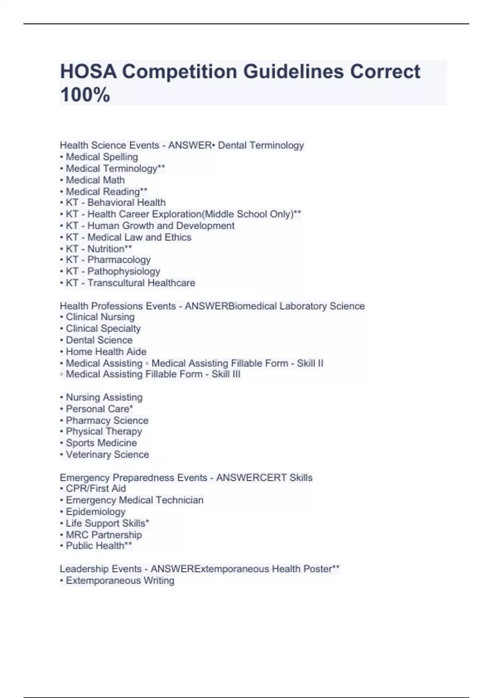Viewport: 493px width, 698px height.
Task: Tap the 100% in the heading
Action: click(x=85, y=95)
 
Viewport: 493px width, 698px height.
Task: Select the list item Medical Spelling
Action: click(x=101, y=157)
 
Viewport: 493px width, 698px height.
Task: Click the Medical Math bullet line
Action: click(x=95, y=180)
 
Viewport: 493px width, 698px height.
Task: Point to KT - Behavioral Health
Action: click(x=115, y=202)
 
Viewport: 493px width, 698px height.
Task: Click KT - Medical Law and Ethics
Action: click(x=128, y=237)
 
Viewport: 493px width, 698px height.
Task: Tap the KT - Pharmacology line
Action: click(x=108, y=260)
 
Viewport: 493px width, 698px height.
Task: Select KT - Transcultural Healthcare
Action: click(x=130, y=283)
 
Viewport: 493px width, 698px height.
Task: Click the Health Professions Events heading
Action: click(x=117, y=306)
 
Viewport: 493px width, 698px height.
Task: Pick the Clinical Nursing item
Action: click(x=100, y=317)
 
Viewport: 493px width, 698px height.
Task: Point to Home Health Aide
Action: click(x=106, y=351)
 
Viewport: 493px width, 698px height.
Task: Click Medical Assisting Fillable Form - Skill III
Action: click(x=153, y=374)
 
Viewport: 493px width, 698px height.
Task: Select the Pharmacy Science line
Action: click(x=107, y=420)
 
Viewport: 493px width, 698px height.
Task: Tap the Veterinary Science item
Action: click(x=107, y=455)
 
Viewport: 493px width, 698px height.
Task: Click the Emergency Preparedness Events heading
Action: click(x=133, y=478)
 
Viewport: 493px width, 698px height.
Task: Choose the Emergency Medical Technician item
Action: click(x=134, y=500)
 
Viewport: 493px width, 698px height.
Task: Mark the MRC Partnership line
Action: click(x=104, y=535)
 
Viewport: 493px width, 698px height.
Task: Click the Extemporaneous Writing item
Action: click(x=120, y=581)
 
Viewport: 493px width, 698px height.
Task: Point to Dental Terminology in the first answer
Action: click(x=261, y=145)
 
